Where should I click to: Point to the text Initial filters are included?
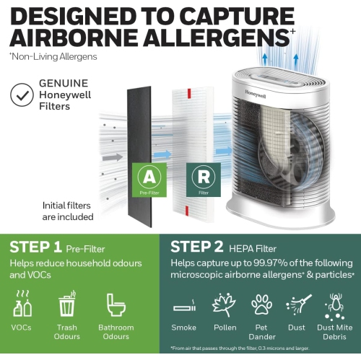point(68,211)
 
